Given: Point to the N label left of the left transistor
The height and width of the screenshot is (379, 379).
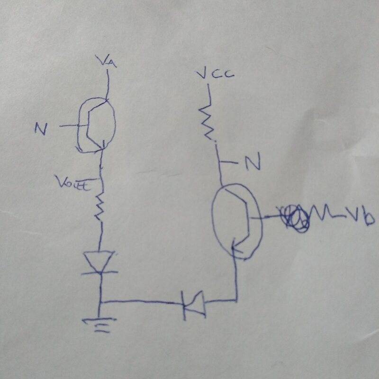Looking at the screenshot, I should (x=41, y=128).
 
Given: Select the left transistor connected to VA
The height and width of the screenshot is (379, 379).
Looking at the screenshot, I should (x=96, y=126).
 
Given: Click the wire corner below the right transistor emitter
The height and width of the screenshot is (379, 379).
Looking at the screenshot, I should (x=235, y=299).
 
